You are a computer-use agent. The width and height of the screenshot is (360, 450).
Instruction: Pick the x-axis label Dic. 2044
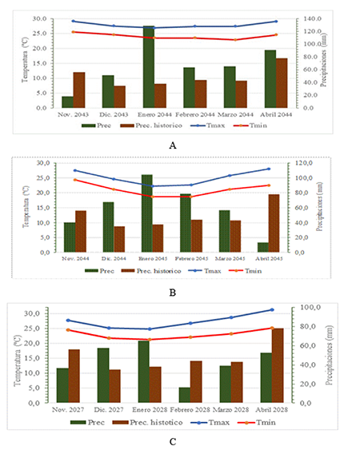coord(114,259)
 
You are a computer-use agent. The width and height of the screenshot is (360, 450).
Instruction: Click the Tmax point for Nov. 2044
coord(75,170)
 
